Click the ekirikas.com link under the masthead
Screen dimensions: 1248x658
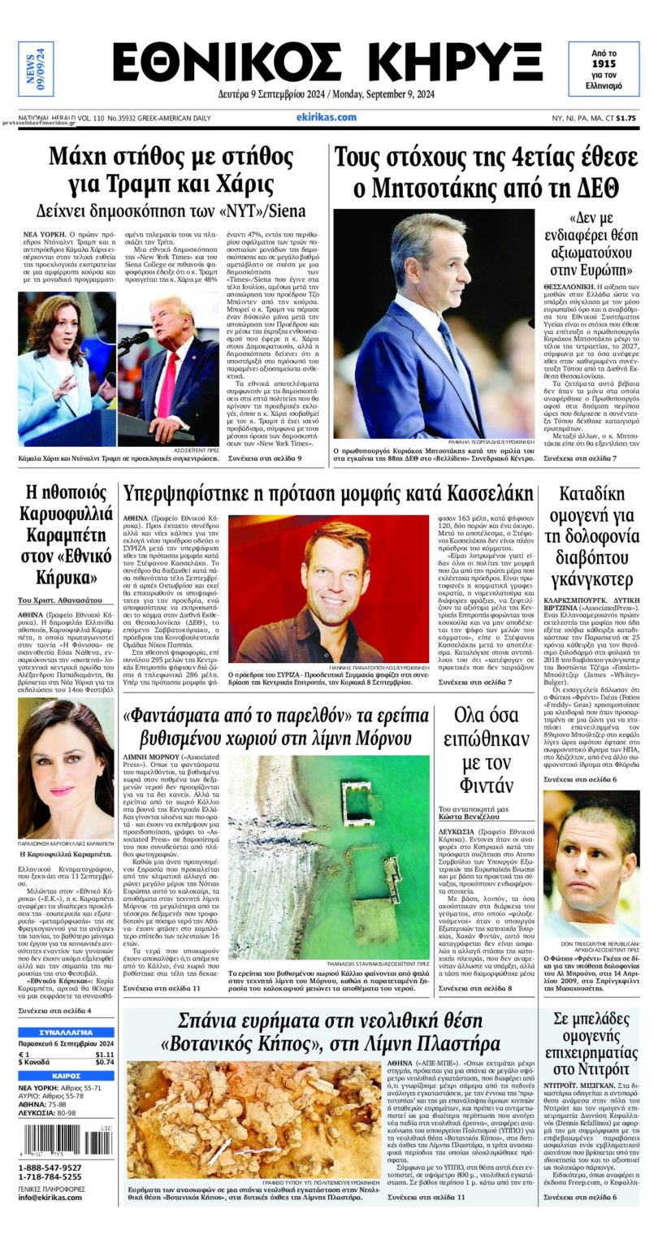pyautogui.click(x=327, y=117)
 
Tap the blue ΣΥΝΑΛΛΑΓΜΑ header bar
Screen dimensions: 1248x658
pyautogui.click(x=66, y=1031)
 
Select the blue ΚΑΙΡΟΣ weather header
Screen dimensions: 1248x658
pyautogui.click(x=66, y=1075)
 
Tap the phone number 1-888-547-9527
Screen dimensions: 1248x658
pyautogui.click(x=50, y=1166)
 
